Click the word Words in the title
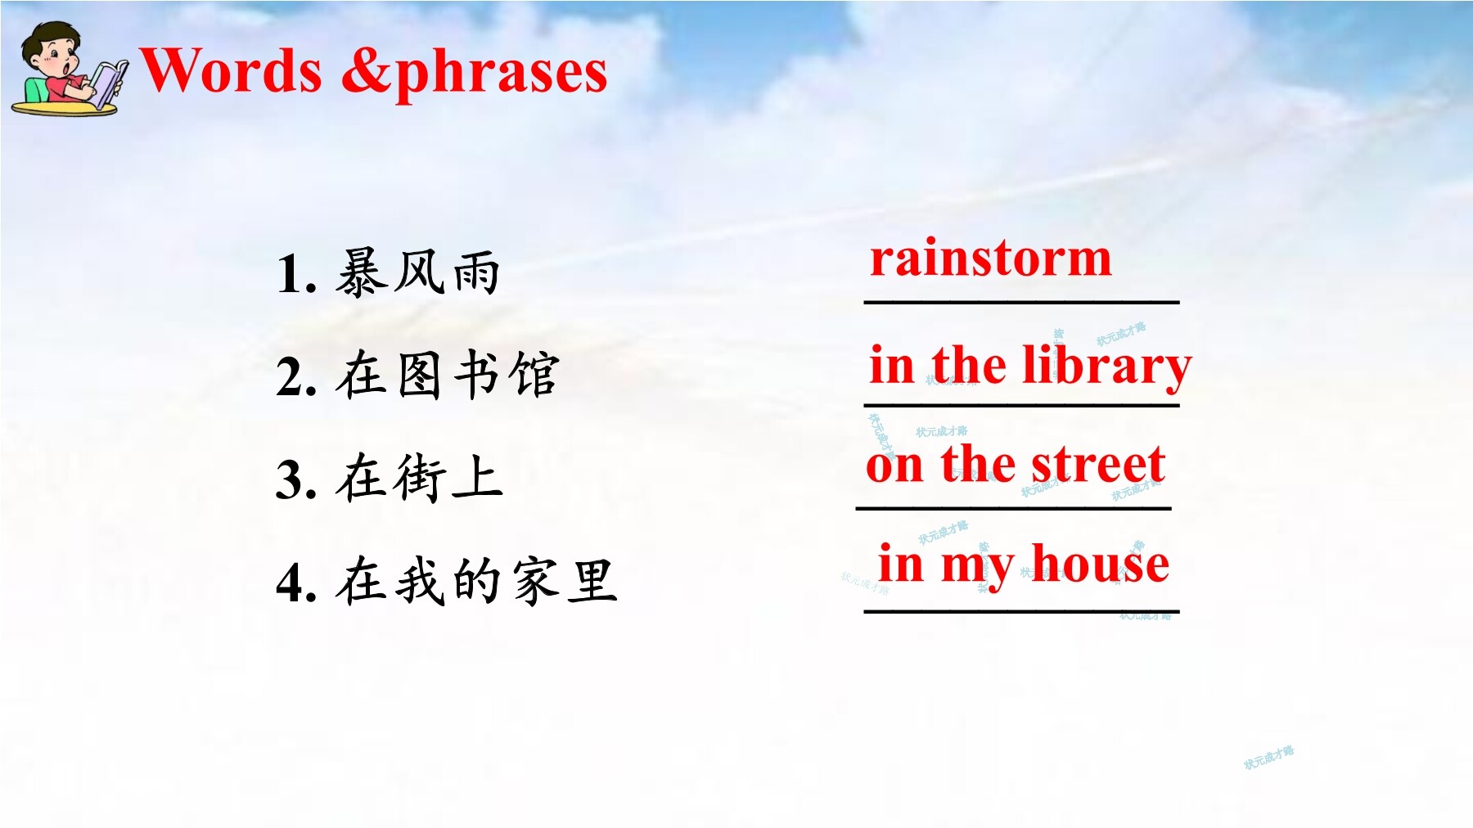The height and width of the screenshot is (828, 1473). click(232, 70)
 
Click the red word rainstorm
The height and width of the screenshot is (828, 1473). click(990, 259)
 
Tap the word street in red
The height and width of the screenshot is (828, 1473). click(1098, 465)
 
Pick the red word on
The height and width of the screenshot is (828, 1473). click(894, 467)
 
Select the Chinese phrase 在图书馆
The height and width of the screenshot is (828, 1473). click(447, 376)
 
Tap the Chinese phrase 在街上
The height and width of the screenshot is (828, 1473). click(419, 478)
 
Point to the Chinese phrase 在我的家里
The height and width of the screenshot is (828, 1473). click(475, 581)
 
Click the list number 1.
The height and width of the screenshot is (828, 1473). click(296, 274)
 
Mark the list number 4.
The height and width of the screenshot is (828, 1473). click(296, 583)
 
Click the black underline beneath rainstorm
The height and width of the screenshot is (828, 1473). click(1021, 303)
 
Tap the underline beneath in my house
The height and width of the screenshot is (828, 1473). click(1021, 611)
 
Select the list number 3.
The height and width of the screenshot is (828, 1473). click(296, 479)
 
